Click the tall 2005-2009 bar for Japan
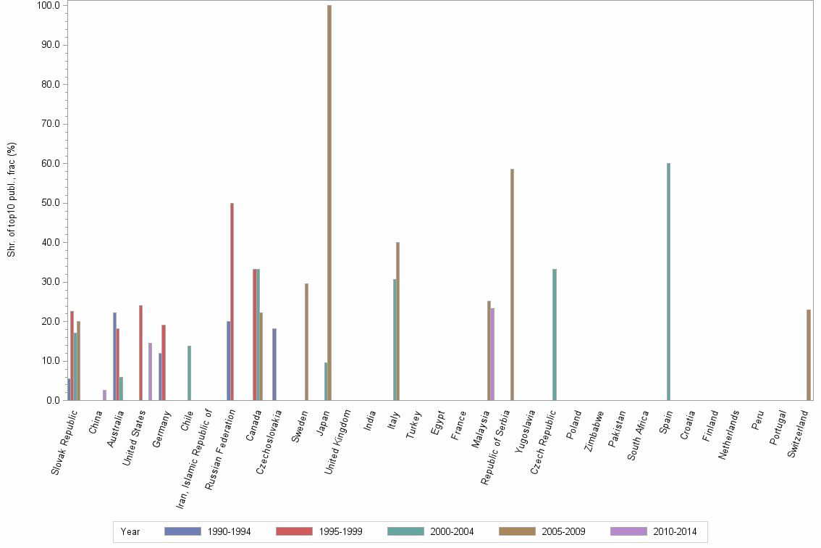point(329,203)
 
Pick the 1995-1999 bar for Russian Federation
point(232,302)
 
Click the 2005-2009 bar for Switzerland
point(808,354)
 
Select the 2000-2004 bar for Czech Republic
point(555,334)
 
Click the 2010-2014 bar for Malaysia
point(492,354)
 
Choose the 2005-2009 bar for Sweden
point(306,341)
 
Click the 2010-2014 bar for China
point(104,395)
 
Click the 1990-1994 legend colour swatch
point(182,531)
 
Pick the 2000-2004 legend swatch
point(405,531)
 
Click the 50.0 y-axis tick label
point(48,203)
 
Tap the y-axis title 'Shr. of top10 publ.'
point(12,199)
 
